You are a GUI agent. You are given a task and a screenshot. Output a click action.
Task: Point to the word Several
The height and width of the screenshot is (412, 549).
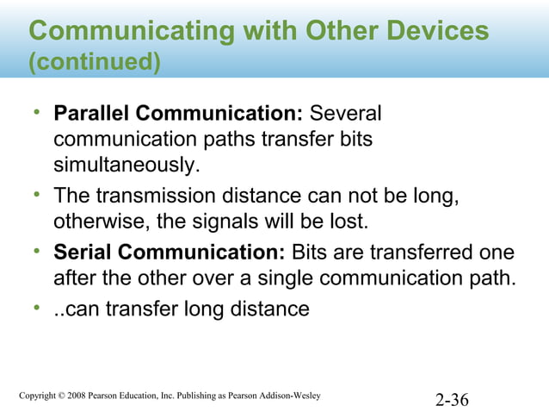[x=346, y=115]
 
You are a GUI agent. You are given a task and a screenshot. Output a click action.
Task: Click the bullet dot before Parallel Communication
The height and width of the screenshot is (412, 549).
[x=38, y=113]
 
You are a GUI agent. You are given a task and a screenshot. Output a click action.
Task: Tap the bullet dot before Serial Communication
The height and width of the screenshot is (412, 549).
[x=38, y=252]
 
